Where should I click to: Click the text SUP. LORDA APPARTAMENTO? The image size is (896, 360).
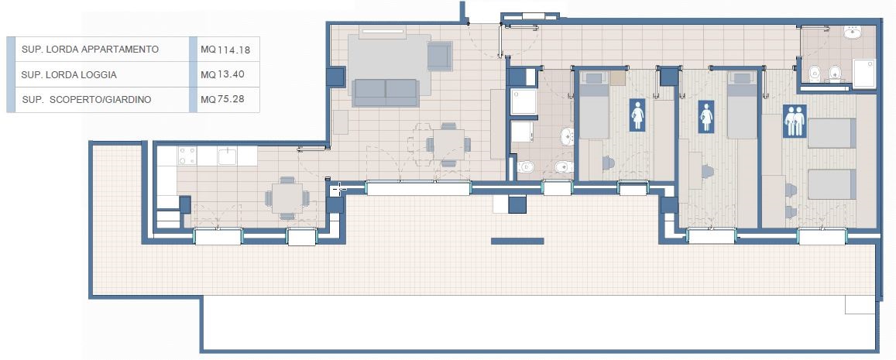[x=90, y=49]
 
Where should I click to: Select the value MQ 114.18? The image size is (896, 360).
[x=225, y=50]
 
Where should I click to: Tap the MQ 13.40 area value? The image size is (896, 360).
[x=222, y=74]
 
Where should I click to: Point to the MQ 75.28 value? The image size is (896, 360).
[x=222, y=99]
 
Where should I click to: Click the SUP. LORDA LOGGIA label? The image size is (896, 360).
[x=69, y=74]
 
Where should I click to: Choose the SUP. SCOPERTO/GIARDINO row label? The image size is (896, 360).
[x=87, y=99]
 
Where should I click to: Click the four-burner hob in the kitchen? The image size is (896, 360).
[x=187, y=156]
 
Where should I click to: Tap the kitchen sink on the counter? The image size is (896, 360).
[x=228, y=156]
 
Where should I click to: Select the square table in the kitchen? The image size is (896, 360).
[x=287, y=198]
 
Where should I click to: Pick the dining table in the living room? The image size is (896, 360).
[x=448, y=145]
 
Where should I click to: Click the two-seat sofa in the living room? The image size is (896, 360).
[x=385, y=93]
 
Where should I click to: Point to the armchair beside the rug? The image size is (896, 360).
[x=439, y=56]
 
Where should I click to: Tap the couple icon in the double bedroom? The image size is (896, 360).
[x=795, y=121]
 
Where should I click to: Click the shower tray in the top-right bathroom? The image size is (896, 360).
[x=863, y=74]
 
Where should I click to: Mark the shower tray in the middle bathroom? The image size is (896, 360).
[x=524, y=101]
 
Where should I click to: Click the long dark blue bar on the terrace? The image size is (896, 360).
[x=517, y=241]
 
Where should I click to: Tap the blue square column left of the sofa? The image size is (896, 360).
[x=336, y=77]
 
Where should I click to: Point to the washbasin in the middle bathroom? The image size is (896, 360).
[x=566, y=136]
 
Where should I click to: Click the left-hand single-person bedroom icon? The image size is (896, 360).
[x=637, y=115]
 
